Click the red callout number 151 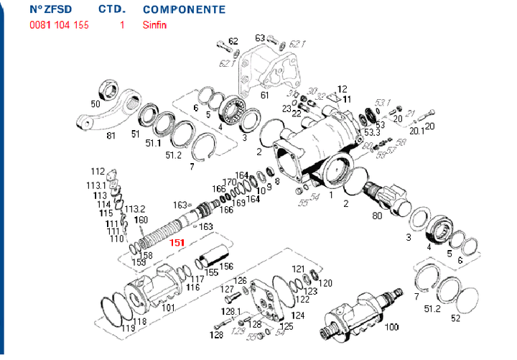(x=177, y=243)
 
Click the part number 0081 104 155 (x=60, y=24)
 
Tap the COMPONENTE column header (x=184, y=10)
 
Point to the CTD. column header (x=111, y=10)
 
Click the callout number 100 (x=392, y=328)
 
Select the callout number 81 (x=111, y=136)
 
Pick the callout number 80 (x=376, y=216)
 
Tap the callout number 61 (x=264, y=95)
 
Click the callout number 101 (x=168, y=308)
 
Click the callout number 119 (x=129, y=328)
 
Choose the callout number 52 (x=456, y=318)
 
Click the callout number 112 (x=98, y=172)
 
